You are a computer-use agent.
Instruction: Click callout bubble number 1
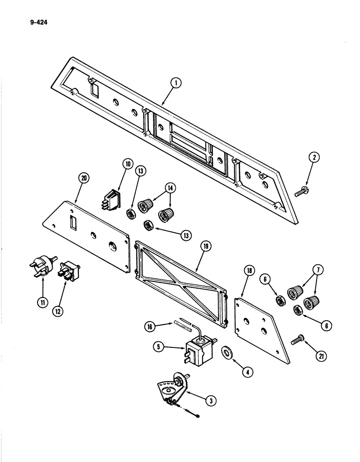point(175,84)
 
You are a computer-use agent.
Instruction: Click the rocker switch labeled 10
point(111,201)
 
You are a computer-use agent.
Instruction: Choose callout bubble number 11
point(41,303)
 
